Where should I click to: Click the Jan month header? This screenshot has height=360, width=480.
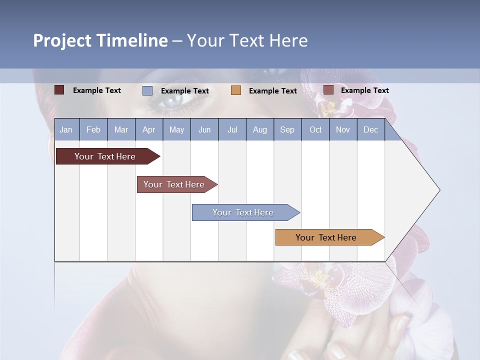(x=66, y=129)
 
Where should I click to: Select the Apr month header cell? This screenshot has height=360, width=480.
(x=148, y=129)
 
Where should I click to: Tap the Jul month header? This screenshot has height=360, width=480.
(x=232, y=129)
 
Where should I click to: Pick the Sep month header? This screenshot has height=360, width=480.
(x=287, y=129)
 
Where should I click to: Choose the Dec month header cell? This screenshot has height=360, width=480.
(x=370, y=129)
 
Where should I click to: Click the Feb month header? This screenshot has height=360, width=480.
(x=93, y=129)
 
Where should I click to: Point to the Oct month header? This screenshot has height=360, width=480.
(x=315, y=129)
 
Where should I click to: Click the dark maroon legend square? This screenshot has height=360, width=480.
(x=59, y=90)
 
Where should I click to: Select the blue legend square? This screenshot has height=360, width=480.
(x=147, y=90)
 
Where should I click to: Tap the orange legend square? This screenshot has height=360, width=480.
(x=236, y=90)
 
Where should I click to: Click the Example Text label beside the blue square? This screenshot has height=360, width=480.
(x=185, y=91)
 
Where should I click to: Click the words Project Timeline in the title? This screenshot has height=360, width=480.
(x=100, y=40)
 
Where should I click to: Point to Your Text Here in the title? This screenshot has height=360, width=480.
(x=247, y=40)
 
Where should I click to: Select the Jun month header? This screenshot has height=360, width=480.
(x=204, y=129)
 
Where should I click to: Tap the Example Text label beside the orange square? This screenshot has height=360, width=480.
(x=273, y=91)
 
